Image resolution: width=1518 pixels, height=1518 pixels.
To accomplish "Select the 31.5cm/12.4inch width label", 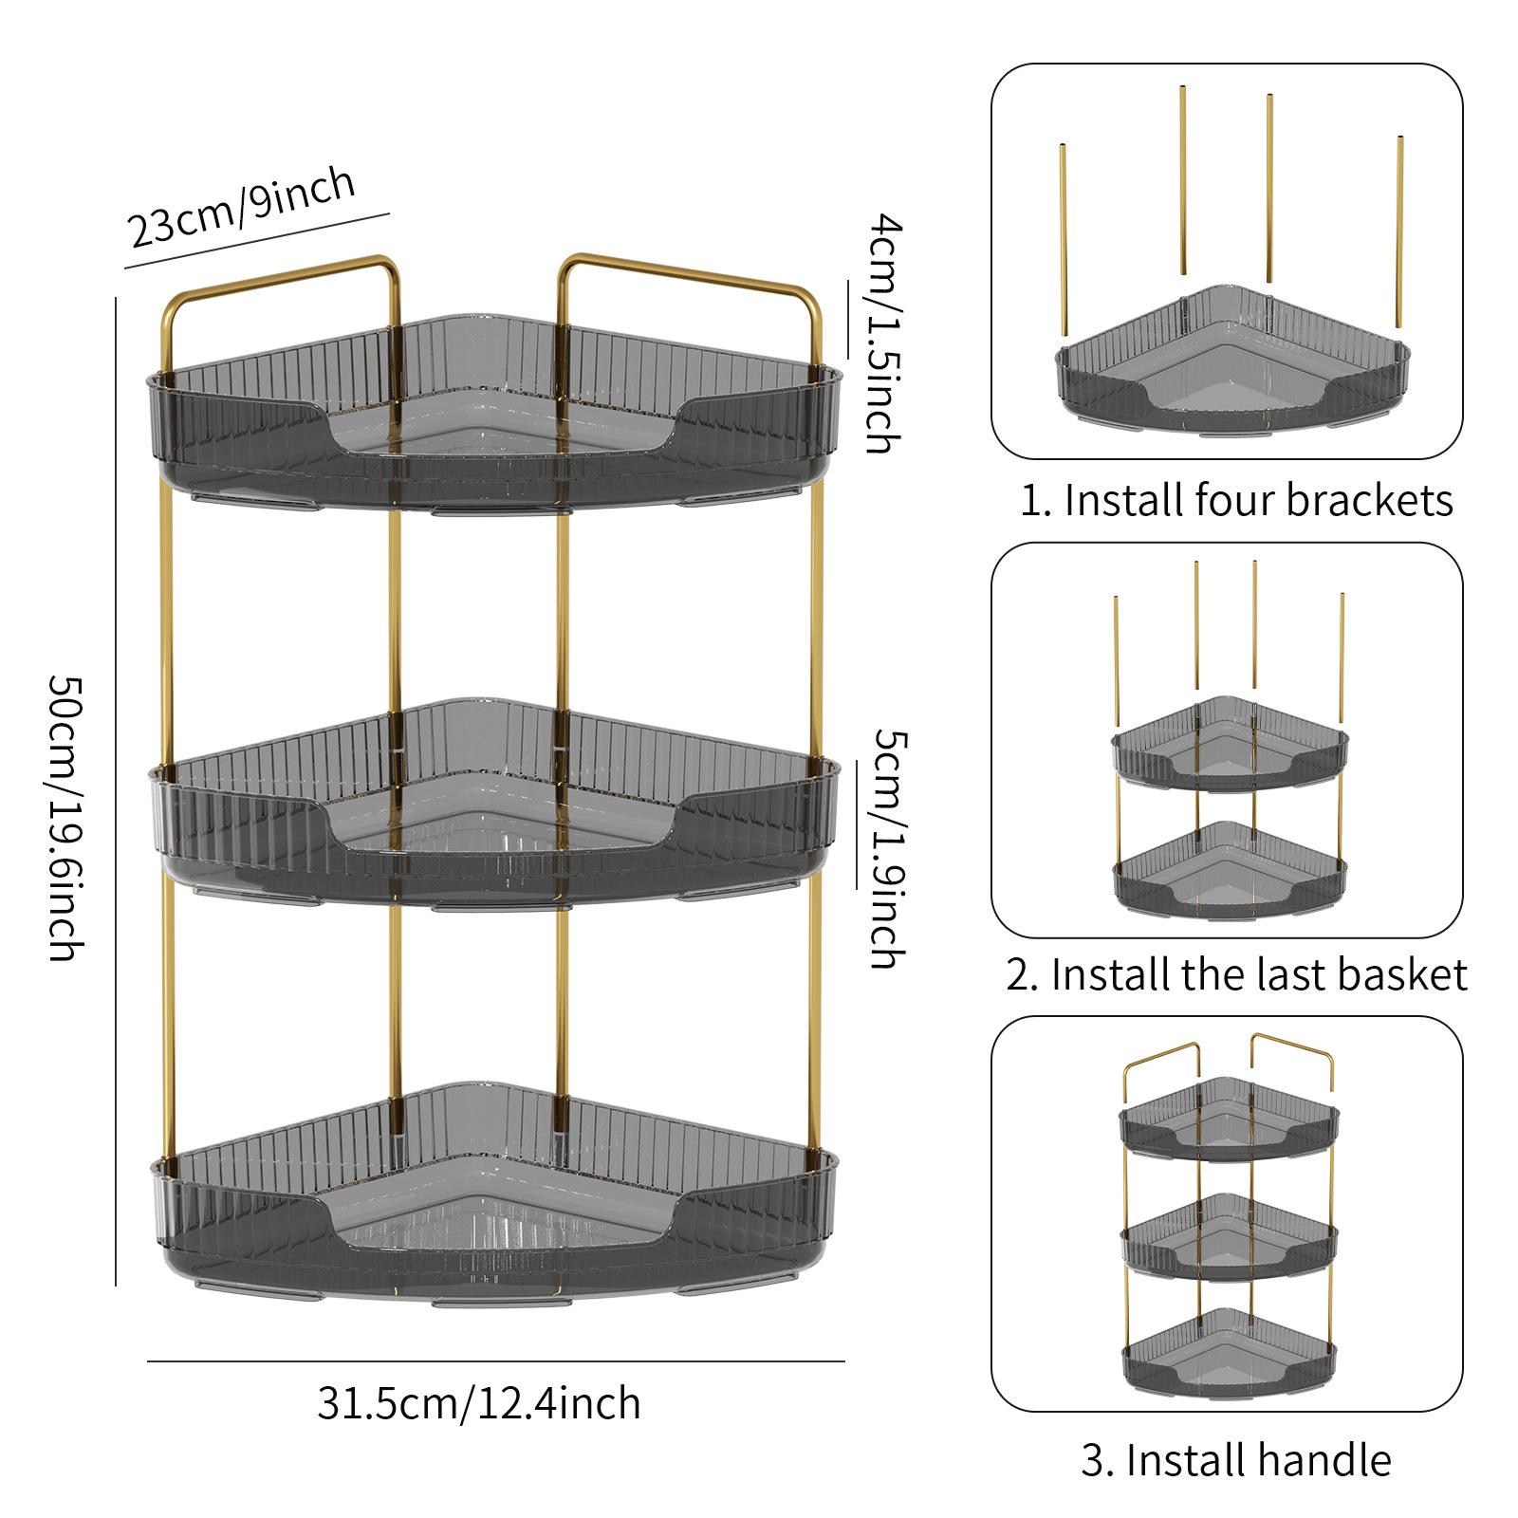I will coord(479,1403).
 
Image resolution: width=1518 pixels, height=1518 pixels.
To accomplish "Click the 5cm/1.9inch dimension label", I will coord(886,848).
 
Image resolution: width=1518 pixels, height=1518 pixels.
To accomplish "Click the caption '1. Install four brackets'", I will coord(1235,500).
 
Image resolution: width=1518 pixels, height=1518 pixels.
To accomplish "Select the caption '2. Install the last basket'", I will coord(1236,974).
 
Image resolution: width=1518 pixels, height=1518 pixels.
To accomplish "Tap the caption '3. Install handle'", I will coord(1235,1460).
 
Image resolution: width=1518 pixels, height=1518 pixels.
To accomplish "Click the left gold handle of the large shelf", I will coord(280,285).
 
